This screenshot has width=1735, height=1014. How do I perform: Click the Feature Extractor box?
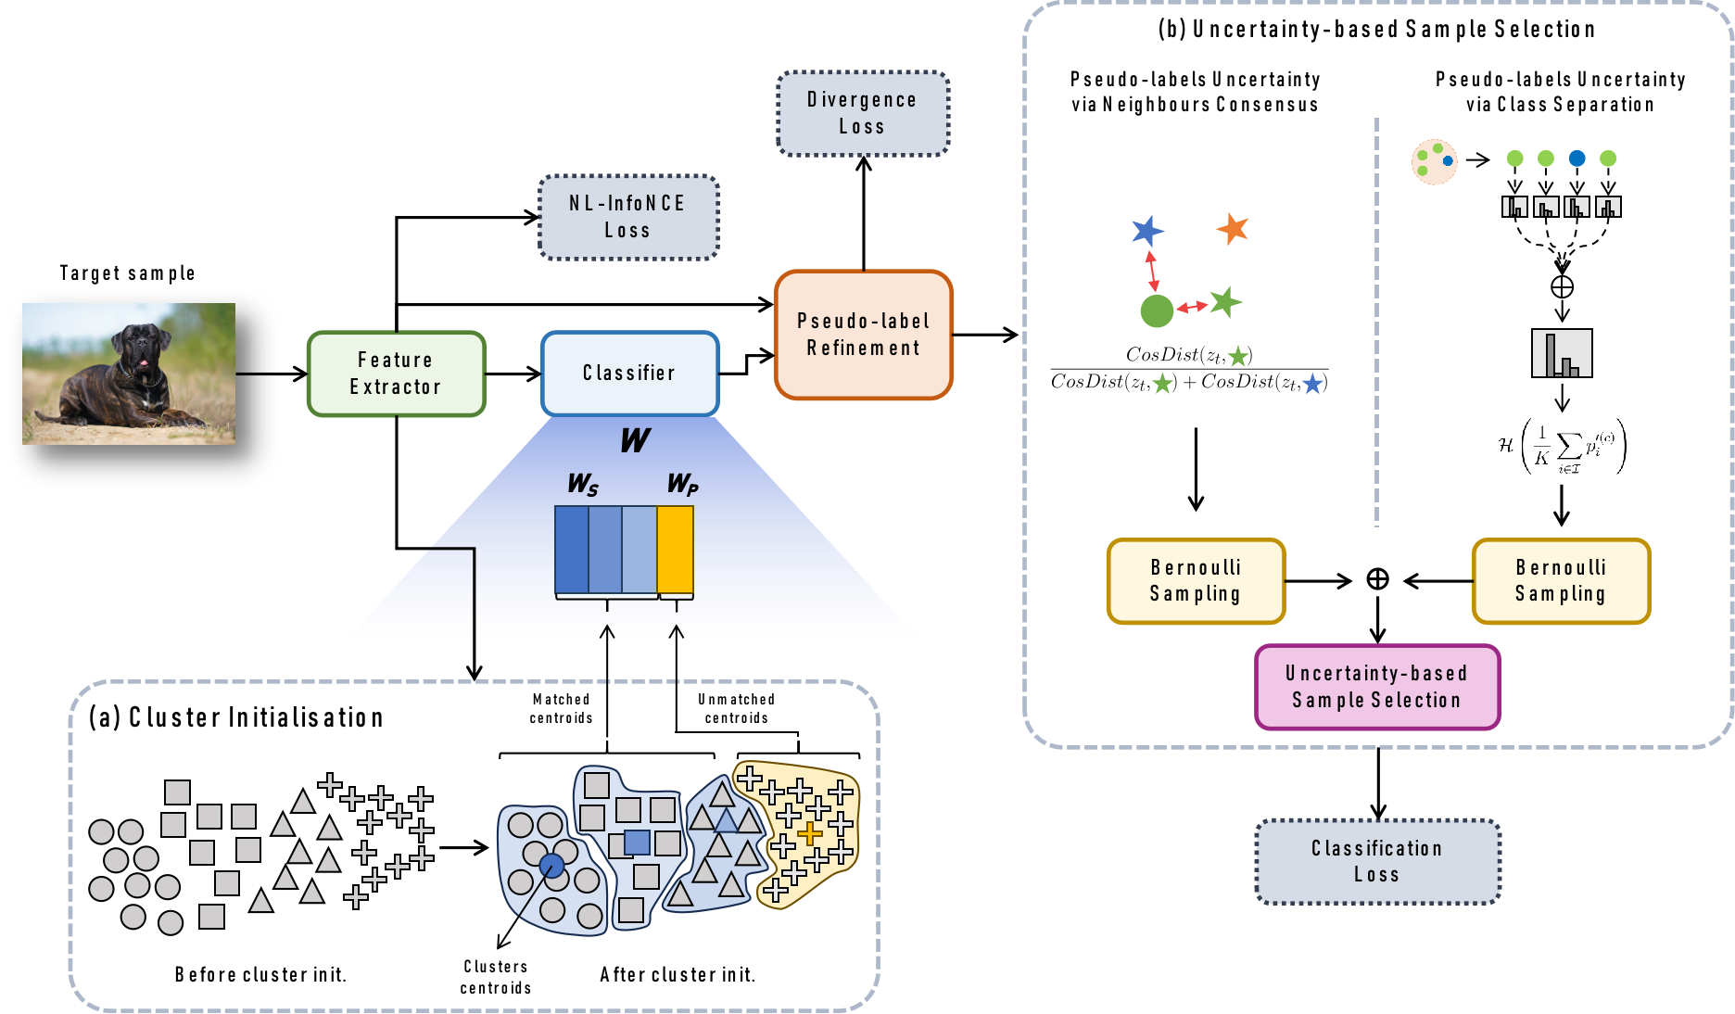tap(396, 374)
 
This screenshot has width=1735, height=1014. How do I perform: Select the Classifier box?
tap(629, 373)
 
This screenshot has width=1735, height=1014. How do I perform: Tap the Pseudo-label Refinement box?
tap(863, 335)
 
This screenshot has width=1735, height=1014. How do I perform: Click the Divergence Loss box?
tap(862, 113)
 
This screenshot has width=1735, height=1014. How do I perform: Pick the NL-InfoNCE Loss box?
tap(627, 217)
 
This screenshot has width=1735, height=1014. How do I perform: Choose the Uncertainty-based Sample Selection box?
tap(1376, 687)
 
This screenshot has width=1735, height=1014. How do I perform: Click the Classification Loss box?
tap(1376, 861)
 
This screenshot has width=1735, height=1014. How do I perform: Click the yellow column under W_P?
tap(675, 550)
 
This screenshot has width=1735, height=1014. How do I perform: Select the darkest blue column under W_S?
tap(571, 550)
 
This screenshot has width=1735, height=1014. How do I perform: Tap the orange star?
tap(1233, 227)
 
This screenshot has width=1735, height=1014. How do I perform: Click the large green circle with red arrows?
tap(1156, 311)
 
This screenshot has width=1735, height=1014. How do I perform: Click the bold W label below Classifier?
tap(635, 440)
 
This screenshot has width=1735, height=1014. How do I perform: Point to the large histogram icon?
tap(1562, 353)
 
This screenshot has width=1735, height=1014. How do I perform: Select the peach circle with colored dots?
tap(1434, 162)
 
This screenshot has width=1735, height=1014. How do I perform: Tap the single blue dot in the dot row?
tap(1577, 158)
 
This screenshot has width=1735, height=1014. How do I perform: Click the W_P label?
tap(682, 484)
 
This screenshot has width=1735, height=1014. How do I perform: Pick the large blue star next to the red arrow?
tap(1146, 230)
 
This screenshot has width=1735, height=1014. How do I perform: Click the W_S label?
tap(582, 484)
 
